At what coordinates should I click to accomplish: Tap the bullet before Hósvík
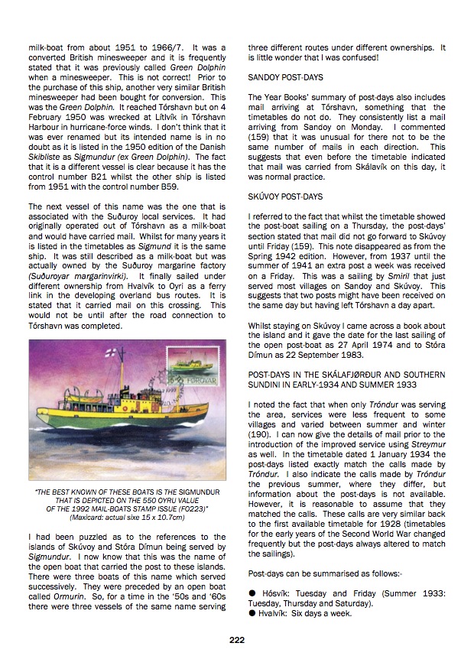click(x=252, y=593)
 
